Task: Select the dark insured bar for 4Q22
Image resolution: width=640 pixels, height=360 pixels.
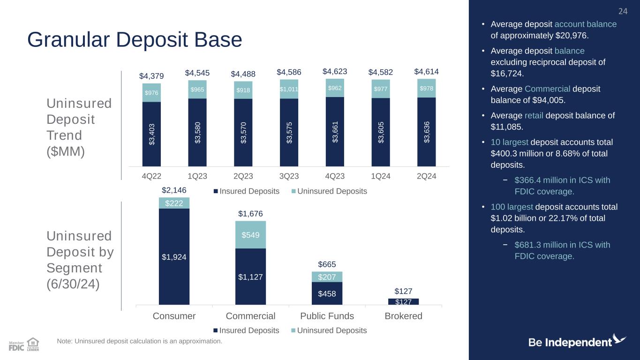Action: click(x=151, y=134)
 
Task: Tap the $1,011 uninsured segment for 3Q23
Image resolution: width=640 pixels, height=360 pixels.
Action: click(x=289, y=89)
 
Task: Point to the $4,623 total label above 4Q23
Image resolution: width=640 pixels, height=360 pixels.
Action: click(x=335, y=72)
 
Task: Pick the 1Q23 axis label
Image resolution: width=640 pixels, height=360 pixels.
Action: click(x=197, y=176)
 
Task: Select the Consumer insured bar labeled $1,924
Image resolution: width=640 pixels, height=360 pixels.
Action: click(x=174, y=256)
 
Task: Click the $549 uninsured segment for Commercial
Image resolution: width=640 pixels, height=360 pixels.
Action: click(x=250, y=234)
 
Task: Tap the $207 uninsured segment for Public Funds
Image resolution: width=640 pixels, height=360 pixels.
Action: click(x=327, y=277)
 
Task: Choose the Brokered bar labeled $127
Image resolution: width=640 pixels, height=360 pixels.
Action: click(x=403, y=301)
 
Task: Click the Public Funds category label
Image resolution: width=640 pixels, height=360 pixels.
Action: click(x=327, y=316)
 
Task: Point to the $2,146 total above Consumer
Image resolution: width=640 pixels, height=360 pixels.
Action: click(x=174, y=190)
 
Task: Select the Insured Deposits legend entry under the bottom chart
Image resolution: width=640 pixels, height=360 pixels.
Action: click(x=246, y=330)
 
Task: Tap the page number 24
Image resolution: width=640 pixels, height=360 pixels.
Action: click(x=623, y=11)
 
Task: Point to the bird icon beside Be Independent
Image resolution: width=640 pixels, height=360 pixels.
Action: click(x=619, y=339)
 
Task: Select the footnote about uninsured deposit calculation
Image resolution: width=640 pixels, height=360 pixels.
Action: click(x=139, y=341)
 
